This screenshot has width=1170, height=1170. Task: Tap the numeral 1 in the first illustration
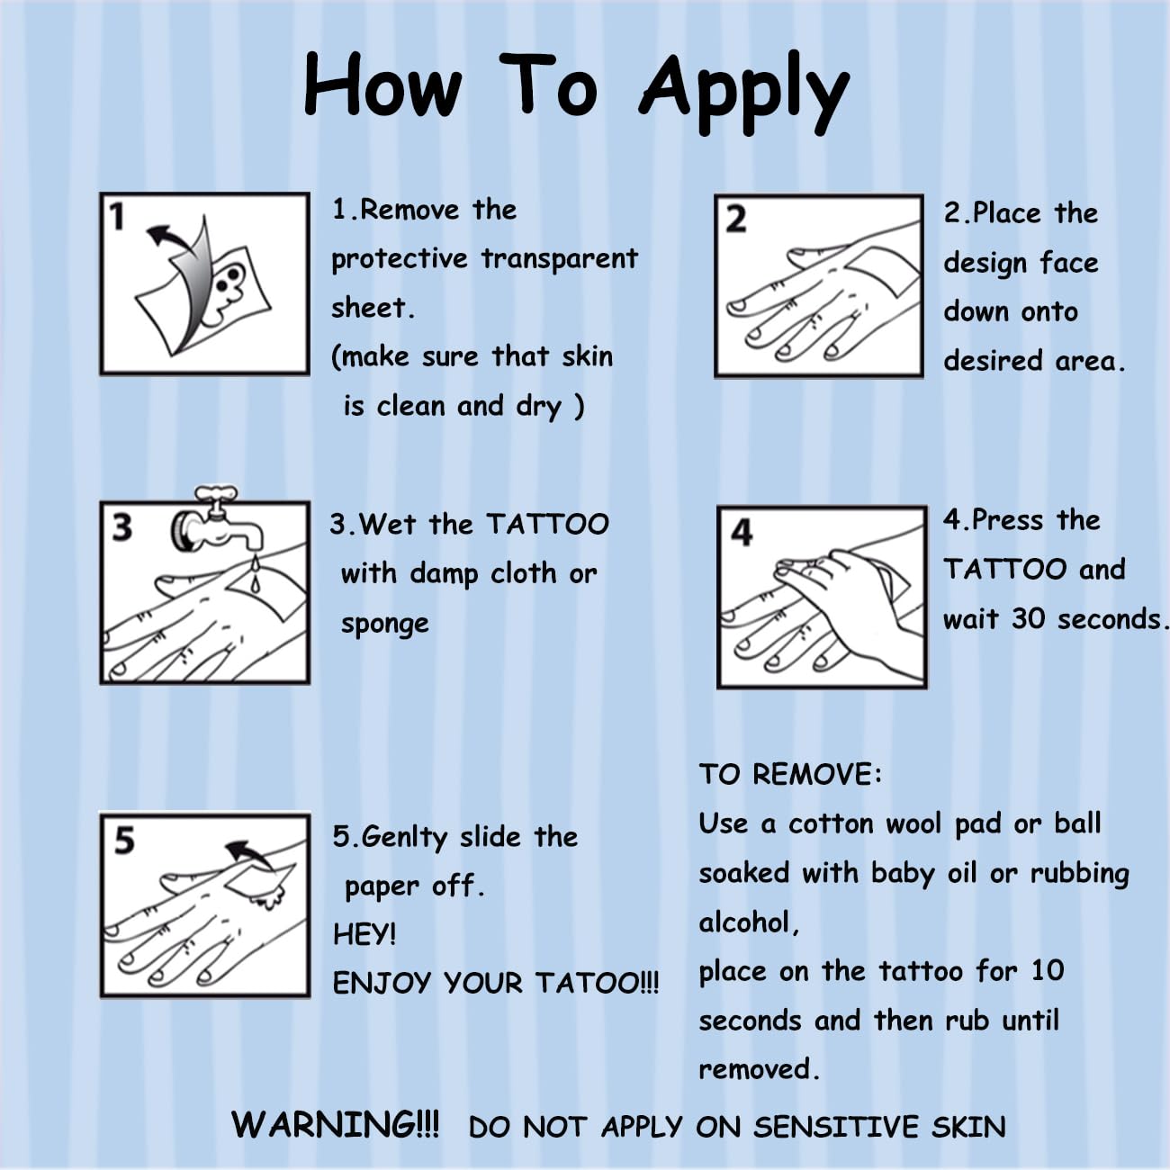pos(117,217)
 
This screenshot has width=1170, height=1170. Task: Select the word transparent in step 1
pos(560,259)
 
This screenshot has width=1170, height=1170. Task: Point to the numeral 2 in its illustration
pos(736,220)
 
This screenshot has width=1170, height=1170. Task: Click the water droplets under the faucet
pos(255,571)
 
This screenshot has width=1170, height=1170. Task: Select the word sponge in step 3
pos(385,625)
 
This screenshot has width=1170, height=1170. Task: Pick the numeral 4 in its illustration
pos(742,533)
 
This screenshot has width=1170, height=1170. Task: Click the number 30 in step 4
pos(1029,618)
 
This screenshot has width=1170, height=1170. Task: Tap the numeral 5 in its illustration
pos(124,841)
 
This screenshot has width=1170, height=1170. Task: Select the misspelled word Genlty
pos(404,838)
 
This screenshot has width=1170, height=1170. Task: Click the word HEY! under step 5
pos(364,934)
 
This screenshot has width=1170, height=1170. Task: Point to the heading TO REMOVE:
pos(790,775)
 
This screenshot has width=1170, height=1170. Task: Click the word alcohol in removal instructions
pos(744,922)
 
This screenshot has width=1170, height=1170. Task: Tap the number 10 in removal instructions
pos(1048,970)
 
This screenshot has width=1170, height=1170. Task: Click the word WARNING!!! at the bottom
pos(335,1124)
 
